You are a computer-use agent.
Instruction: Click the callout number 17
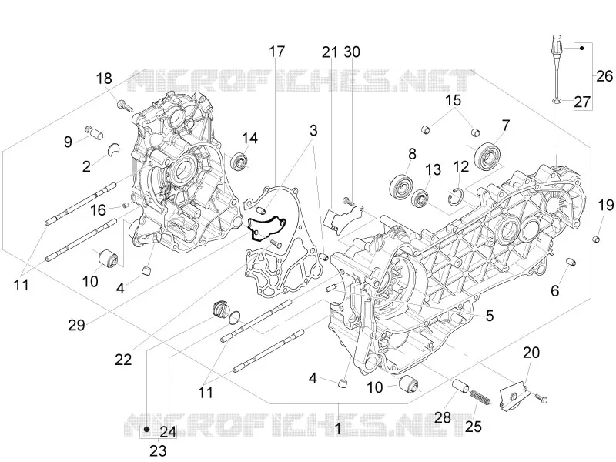pos(276,52)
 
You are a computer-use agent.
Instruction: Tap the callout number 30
pos(352,52)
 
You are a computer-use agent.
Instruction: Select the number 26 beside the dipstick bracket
pos(604,75)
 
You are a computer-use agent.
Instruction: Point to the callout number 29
pos(76,325)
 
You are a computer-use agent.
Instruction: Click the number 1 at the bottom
pos(338,429)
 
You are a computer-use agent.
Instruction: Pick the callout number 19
pos(606,205)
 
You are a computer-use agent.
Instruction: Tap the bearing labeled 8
pos(401,185)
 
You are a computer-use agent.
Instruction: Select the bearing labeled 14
pos(239,162)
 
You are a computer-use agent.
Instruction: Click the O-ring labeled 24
pos(235,317)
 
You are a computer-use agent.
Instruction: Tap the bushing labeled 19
pos(597,239)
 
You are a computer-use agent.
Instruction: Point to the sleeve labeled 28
pos(460,385)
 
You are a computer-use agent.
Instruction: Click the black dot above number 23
pos(146,429)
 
